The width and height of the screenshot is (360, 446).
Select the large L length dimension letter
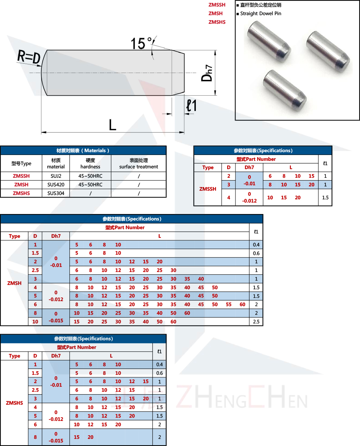point(112,125)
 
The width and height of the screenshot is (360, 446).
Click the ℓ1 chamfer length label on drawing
point(191,106)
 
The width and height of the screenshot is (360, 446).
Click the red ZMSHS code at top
point(217,22)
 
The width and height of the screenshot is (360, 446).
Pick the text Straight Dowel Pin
point(261,14)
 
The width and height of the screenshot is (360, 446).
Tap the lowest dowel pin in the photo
point(284,90)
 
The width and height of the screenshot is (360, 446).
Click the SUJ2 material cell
point(56,176)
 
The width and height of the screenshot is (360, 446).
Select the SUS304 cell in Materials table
point(56,193)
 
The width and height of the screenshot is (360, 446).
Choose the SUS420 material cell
point(56,185)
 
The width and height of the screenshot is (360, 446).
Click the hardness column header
point(90,163)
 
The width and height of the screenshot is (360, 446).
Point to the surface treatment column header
point(139,163)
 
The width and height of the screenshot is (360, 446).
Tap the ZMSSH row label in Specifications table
point(208,189)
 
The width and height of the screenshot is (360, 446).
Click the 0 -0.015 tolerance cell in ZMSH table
point(56,317)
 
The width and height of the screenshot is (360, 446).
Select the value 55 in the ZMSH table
point(229,304)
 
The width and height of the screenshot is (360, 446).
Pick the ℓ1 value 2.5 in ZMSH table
point(256,322)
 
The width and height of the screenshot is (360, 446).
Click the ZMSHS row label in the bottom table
point(14,403)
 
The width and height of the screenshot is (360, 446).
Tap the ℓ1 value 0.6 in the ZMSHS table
point(159,373)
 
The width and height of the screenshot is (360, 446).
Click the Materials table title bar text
point(83,150)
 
